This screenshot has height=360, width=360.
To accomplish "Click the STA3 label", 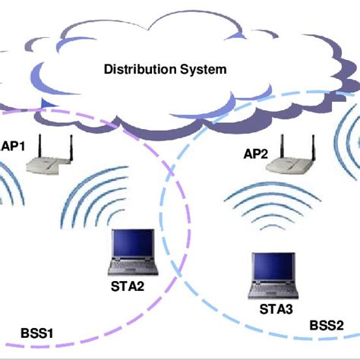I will pyautogui.click(x=276, y=309).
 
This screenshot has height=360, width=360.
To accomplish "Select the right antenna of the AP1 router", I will pyautogui.click(x=70, y=145).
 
